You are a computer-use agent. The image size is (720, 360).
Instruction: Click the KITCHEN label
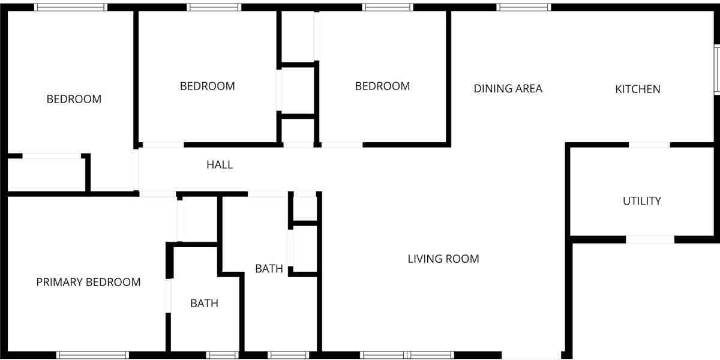pyautogui.click(x=638, y=89)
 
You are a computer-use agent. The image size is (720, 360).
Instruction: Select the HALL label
pyautogui.click(x=220, y=164)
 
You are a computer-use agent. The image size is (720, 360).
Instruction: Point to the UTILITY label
pyautogui.click(x=641, y=201)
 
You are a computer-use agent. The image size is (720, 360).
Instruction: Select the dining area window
pyautogui.click(x=524, y=7)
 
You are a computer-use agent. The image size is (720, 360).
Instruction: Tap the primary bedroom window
pyautogui.click(x=92, y=355)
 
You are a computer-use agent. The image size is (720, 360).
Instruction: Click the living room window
pyautogui.click(x=407, y=355)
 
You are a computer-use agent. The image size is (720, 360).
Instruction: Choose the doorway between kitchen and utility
pyautogui.click(x=649, y=145)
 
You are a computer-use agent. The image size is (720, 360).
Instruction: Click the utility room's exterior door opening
pyautogui.click(x=650, y=239)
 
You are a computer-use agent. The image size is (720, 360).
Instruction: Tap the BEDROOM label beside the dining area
pyautogui.click(x=382, y=86)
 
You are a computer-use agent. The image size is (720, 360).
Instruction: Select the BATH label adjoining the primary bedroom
pyautogui.click(x=204, y=304)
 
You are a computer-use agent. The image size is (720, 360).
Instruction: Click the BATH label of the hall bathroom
pyautogui.click(x=269, y=269)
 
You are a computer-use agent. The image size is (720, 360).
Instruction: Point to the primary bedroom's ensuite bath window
pyautogui.click(x=222, y=355)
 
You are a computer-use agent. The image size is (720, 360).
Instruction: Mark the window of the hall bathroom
pyautogui.click(x=288, y=355)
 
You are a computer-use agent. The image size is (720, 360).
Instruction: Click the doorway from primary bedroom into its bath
pyautogui.click(x=169, y=296)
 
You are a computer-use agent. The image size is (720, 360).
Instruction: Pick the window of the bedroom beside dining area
pyautogui.click(x=388, y=7)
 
